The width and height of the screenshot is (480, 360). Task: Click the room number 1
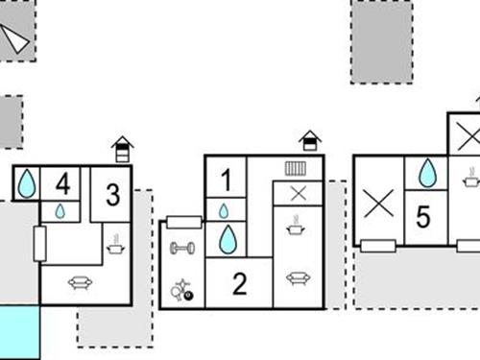(227, 180)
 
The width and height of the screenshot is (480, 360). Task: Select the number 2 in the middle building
(240, 283)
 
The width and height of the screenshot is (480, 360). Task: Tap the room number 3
(113, 195)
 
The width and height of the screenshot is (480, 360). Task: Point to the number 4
(63, 183)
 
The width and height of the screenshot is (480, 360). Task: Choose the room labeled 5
(423, 217)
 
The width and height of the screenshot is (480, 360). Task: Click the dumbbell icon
(182, 249)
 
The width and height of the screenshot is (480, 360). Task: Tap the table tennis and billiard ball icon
(182, 290)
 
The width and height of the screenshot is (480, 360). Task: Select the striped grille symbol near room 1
(296, 169)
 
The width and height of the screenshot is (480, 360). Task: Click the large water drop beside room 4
(27, 183)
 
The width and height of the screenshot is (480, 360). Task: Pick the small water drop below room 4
(60, 211)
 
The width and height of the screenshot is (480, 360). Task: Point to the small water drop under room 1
(224, 211)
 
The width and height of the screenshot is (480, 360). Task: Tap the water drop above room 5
(427, 173)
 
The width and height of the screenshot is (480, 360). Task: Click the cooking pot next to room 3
(115, 245)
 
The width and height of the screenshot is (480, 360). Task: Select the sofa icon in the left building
(81, 282)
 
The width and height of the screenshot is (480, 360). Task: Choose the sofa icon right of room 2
(298, 278)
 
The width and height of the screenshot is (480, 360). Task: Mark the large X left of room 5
(378, 203)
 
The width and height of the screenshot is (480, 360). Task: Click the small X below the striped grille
(299, 193)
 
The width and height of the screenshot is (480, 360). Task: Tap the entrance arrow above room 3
(122, 149)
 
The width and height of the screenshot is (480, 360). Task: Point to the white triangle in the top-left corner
(14, 38)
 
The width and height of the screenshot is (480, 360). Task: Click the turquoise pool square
(20, 332)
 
